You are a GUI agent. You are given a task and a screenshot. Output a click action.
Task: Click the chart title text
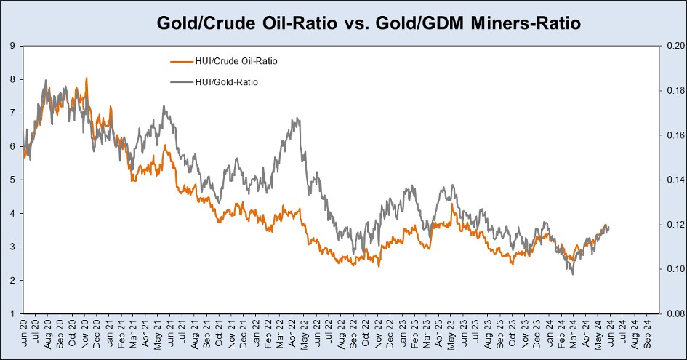pyautogui.click(x=369, y=23)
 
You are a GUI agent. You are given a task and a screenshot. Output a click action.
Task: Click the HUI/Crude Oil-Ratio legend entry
pyautogui.click(x=236, y=61)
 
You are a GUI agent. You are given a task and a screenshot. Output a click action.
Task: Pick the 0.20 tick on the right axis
pyautogui.click(x=672, y=46)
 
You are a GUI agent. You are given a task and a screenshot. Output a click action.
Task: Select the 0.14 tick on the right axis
pyautogui.click(x=672, y=180)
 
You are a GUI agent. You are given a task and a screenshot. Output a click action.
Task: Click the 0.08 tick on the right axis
pyautogui.click(x=672, y=313)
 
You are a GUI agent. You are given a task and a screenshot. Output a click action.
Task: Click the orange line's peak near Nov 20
pyautogui.click(x=87, y=78)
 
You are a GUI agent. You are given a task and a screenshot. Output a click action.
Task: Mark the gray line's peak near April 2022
pyautogui.click(x=296, y=118)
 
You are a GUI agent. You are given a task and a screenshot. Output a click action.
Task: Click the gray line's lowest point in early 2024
pyautogui.click(x=573, y=273)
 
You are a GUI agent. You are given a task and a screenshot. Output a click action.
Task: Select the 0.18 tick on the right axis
pyautogui.click(x=672, y=91)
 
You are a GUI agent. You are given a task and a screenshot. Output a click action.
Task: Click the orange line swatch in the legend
pyautogui.click(x=180, y=61)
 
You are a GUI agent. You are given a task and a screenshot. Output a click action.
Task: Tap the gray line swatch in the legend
pyautogui.click(x=180, y=82)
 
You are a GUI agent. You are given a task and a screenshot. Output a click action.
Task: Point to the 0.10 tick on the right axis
pyautogui.click(x=672, y=269)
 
